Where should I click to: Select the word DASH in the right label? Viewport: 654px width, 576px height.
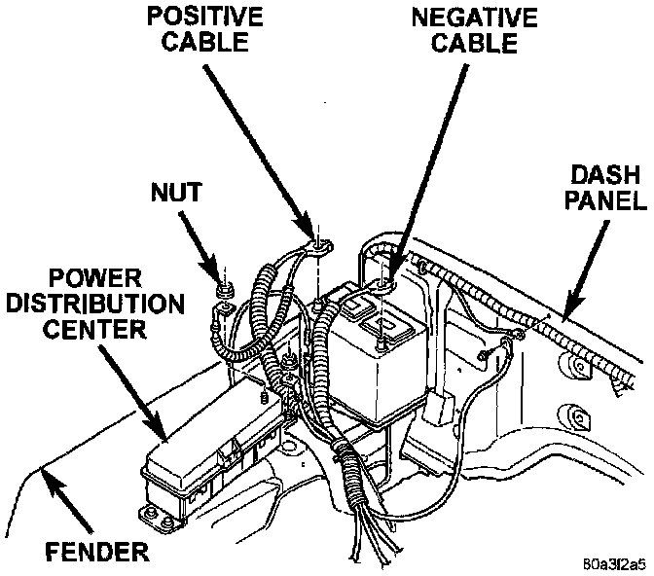click(x=599, y=176)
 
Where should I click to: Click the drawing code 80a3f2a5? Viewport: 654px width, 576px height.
click(x=610, y=563)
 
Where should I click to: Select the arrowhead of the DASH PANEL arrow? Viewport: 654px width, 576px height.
click(x=567, y=312)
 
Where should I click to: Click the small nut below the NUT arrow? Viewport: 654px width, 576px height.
click(x=223, y=290)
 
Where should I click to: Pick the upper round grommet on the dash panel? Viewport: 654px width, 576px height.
click(x=576, y=368)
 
